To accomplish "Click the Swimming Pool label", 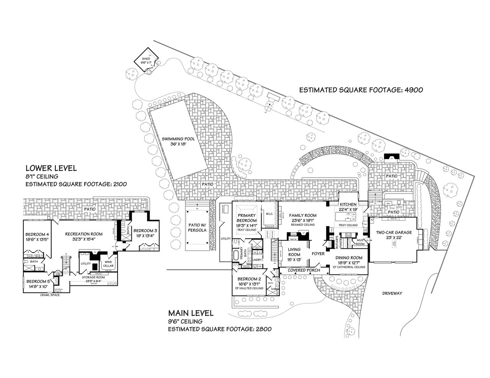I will [x=178, y=139].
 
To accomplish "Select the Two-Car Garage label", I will [x=394, y=232].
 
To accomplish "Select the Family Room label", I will [x=302, y=215].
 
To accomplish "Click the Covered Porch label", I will [x=304, y=270].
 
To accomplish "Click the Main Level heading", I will [x=190, y=314].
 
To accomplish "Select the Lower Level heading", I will [x=51, y=168].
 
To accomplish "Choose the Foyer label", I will [x=318, y=254].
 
